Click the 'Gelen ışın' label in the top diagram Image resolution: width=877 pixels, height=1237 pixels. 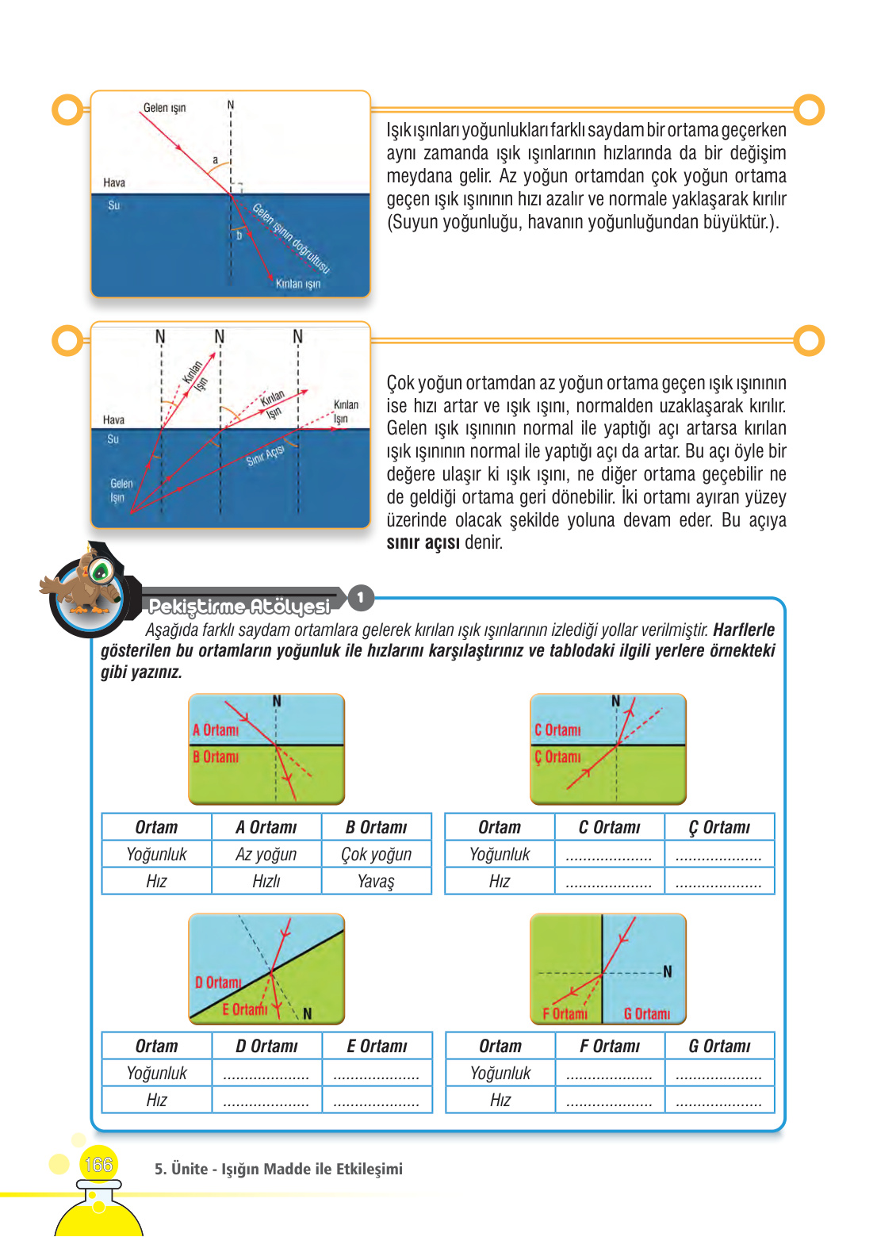[164, 108]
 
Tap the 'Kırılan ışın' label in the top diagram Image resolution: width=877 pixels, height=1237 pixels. [298, 284]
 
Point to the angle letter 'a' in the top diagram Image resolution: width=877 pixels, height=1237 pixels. [215, 160]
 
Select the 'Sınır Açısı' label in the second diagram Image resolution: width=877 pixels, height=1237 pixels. [265, 456]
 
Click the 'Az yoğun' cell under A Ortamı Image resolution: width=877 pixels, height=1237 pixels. [266, 854]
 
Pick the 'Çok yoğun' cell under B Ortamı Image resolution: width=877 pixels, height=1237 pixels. [376, 854]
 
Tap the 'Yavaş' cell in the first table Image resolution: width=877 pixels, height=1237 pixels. [376, 881]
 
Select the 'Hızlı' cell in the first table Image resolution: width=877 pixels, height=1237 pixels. [266, 881]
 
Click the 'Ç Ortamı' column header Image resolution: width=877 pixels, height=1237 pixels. [719, 827]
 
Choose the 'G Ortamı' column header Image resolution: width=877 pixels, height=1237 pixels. [719, 1046]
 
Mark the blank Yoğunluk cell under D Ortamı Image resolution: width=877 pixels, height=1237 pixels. [266, 1074]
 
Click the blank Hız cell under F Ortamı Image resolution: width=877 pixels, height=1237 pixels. [609, 1101]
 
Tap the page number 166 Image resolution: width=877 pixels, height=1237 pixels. [98, 1164]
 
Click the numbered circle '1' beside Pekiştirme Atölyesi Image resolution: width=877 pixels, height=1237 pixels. [361, 597]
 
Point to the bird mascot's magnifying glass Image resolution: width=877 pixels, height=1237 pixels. [100, 569]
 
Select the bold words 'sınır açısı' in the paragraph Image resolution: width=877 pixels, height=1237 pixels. [423, 543]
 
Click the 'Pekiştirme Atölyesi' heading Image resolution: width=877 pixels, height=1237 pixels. [239, 607]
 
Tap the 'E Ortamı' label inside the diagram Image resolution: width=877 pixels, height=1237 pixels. [244, 1009]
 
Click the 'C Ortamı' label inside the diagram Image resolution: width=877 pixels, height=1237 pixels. [557, 730]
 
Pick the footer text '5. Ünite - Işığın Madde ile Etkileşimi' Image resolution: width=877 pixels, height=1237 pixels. [278, 1169]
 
